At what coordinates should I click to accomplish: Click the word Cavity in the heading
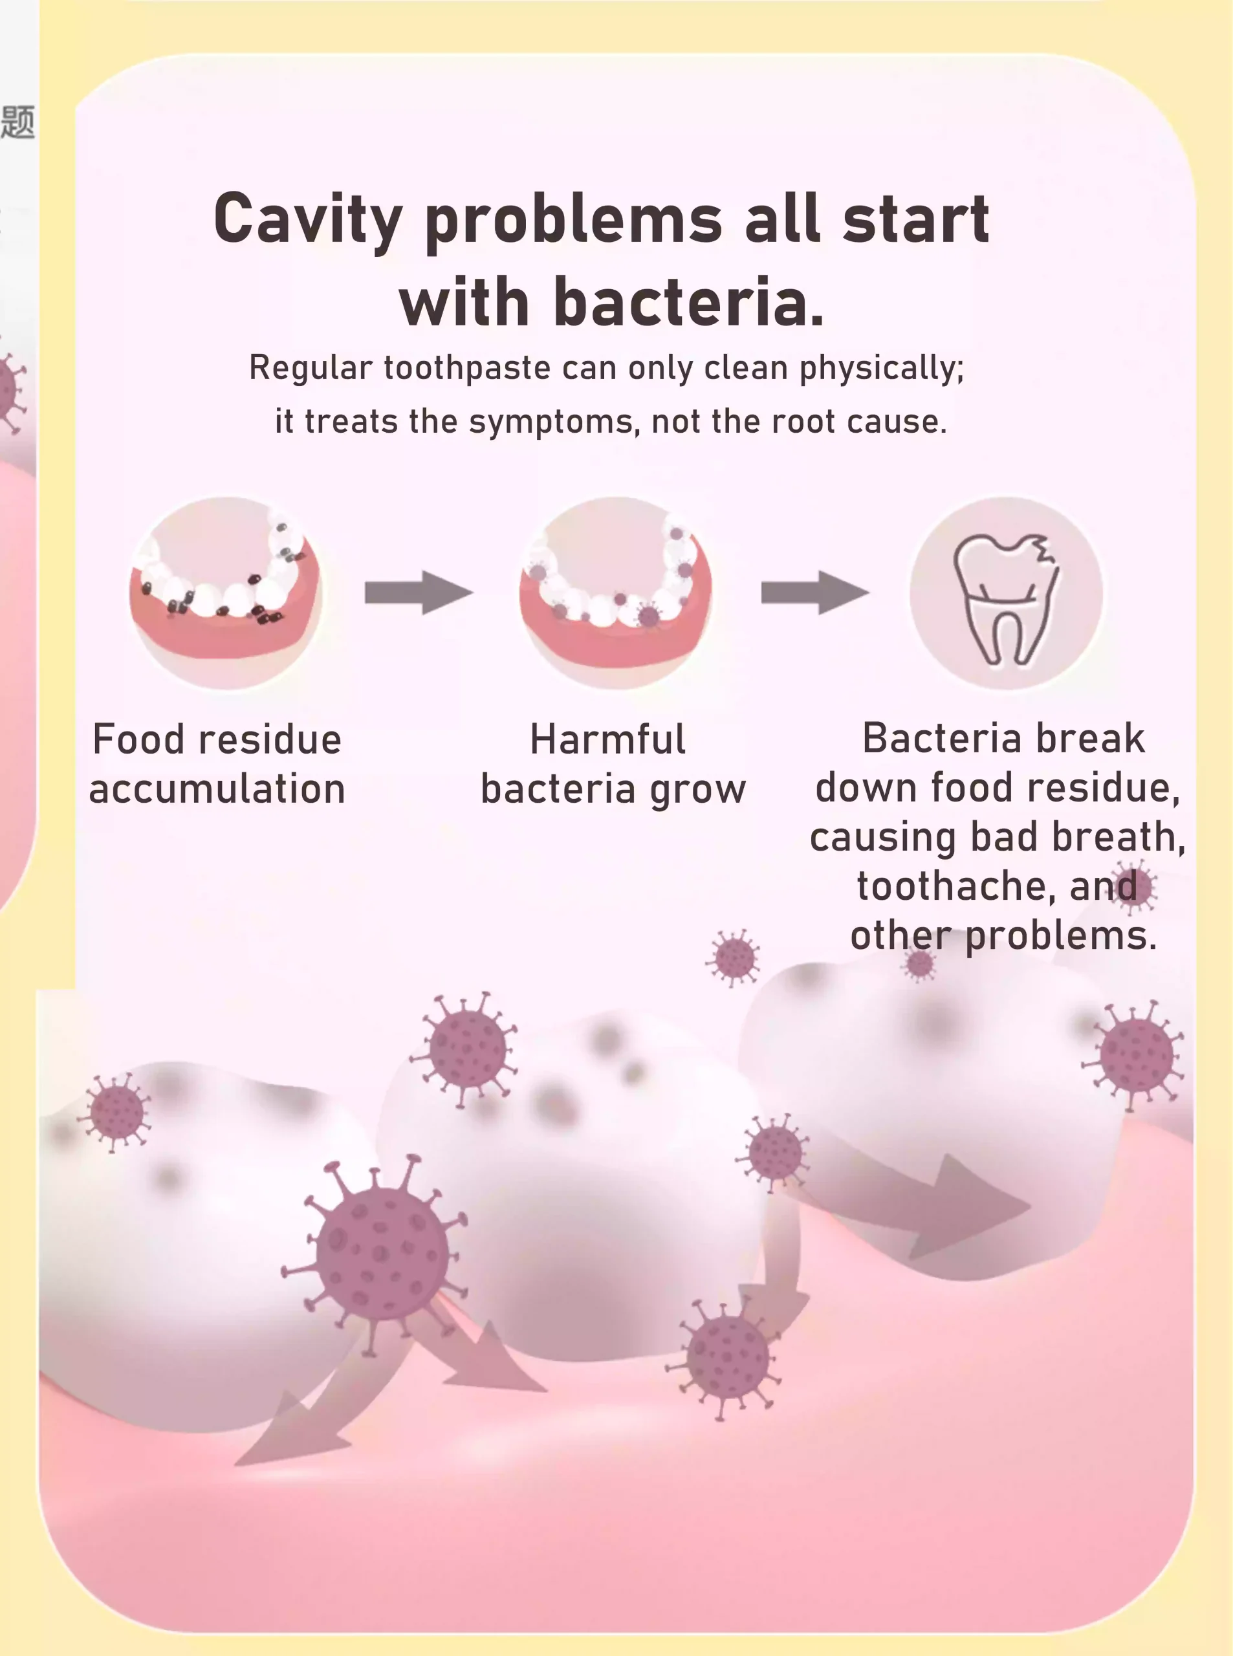(x=308, y=220)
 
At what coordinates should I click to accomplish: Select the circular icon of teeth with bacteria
(x=616, y=593)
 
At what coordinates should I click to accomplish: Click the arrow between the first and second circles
(x=419, y=593)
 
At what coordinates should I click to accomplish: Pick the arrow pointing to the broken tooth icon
(x=815, y=593)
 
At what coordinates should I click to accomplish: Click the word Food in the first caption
(x=138, y=739)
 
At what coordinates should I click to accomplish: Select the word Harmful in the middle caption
(x=607, y=739)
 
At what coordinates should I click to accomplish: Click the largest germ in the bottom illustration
(x=380, y=1253)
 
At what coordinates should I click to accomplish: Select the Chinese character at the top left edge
(x=18, y=122)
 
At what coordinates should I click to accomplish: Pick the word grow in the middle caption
(x=698, y=790)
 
